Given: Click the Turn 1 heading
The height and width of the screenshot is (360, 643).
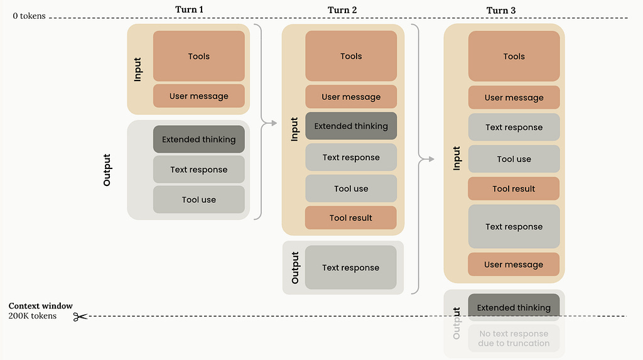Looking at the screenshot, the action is click(x=189, y=9).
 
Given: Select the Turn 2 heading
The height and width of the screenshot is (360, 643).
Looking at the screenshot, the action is click(x=342, y=10).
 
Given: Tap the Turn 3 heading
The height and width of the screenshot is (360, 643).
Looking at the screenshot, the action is click(x=500, y=10).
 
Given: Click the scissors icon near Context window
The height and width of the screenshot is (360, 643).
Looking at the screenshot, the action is click(x=80, y=317).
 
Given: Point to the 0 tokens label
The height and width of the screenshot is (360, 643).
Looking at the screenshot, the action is click(x=29, y=16).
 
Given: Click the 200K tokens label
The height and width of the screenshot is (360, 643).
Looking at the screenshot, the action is click(x=33, y=315).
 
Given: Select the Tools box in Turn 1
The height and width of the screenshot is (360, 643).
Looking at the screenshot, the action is click(x=199, y=57).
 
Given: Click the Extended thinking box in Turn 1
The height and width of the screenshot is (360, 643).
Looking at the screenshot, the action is click(x=199, y=139).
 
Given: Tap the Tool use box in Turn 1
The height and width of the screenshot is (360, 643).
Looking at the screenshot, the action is click(x=199, y=200).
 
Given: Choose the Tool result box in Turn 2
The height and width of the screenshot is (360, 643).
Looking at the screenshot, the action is click(x=350, y=217).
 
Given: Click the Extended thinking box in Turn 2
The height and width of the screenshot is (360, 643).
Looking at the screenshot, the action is click(x=351, y=126).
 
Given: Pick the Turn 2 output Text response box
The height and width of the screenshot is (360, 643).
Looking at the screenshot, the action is click(x=350, y=267).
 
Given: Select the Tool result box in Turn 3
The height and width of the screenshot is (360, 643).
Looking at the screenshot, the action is click(x=514, y=189).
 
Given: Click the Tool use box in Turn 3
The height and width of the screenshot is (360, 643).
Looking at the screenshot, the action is click(x=514, y=159).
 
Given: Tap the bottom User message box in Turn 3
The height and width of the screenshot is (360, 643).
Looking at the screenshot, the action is click(x=514, y=265).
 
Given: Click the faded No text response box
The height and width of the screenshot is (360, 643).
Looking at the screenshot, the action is click(x=514, y=338).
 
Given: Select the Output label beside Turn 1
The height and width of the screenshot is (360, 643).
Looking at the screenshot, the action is click(x=107, y=170).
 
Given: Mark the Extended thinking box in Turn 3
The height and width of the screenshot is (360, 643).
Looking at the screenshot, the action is click(x=514, y=307).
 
